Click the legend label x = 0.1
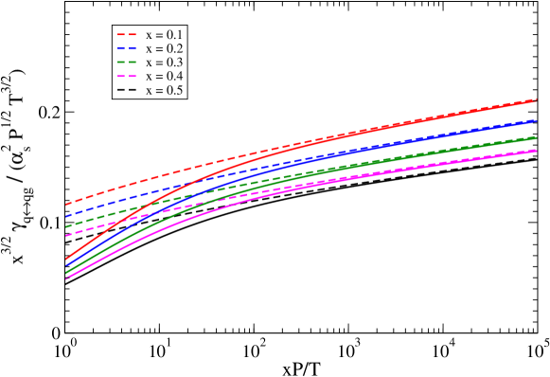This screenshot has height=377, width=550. click(x=165, y=34)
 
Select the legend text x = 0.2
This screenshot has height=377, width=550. click(x=165, y=48)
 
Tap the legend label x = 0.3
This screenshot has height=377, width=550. click(x=165, y=62)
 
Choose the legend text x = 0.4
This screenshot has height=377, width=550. click(x=165, y=76)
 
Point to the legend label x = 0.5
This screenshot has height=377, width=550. click(x=165, y=90)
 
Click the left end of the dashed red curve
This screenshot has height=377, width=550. click(x=65, y=205)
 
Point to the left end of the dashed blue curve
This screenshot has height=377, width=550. click(x=65, y=216)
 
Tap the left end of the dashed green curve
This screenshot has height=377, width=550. click(x=65, y=226)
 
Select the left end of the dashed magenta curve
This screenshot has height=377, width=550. click(x=65, y=235)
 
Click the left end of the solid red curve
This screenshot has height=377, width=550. click(x=65, y=260)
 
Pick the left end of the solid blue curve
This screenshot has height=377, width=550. click(x=65, y=266)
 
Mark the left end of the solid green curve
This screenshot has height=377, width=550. click(x=65, y=273)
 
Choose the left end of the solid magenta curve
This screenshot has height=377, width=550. click(x=65, y=278)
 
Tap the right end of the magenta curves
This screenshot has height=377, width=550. click(x=537, y=150)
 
